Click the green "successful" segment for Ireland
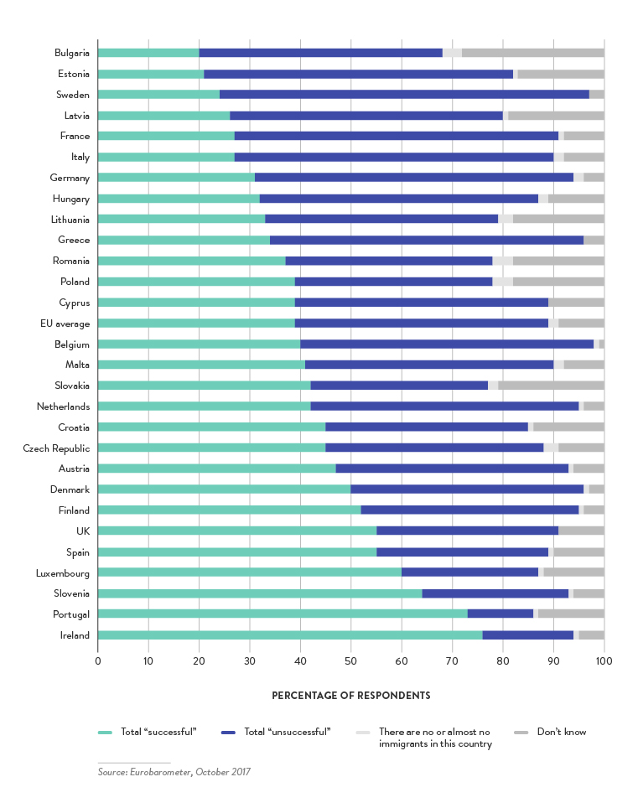pos(290,634)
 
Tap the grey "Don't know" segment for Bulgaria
pos(532,53)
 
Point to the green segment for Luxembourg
pos(250,572)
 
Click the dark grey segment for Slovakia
pos(551,386)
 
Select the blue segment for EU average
pos(422,323)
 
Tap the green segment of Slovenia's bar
pos(260,593)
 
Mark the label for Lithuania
pos(68,219)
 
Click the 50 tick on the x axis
pos(350,660)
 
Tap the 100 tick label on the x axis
pos(603,660)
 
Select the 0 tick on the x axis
pos(98,660)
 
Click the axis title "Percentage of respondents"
pos(350,696)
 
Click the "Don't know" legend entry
pos(562,732)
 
